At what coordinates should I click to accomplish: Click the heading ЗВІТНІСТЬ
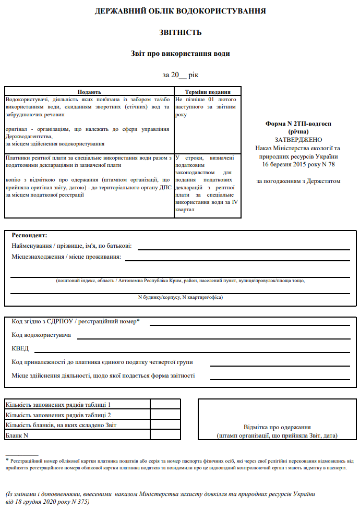pyautogui.click(x=180, y=32)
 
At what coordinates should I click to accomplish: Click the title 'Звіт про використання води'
pyautogui.click(x=180, y=53)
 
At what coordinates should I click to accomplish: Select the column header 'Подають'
pyautogui.click(x=89, y=91)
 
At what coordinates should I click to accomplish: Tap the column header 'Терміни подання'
pyautogui.click(x=208, y=91)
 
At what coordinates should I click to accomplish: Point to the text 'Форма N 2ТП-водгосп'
pyautogui.click(x=298, y=124)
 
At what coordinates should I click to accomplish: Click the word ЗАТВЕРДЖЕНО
pyautogui.click(x=298, y=140)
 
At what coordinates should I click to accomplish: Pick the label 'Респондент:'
pyautogui.click(x=29, y=235)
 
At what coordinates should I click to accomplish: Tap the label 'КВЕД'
pyautogui.click(x=20, y=348)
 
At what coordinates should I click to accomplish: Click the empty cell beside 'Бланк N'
pyautogui.click(x=165, y=434)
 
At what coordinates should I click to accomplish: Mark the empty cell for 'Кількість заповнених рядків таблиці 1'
pyautogui.click(x=165, y=404)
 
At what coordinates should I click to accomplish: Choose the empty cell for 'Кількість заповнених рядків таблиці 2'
pyautogui.click(x=165, y=415)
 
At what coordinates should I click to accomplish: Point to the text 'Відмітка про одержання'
pyautogui.click(x=277, y=427)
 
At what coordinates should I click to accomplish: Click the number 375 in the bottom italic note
pyautogui.click(x=82, y=501)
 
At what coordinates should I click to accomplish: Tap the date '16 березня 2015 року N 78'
pyautogui.click(x=298, y=164)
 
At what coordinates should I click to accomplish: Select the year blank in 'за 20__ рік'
pyautogui.click(x=182, y=76)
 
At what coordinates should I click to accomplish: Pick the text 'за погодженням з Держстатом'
pyautogui.click(x=298, y=181)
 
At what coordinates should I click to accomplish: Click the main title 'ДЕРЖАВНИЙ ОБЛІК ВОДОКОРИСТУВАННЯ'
pyautogui.click(x=180, y=11)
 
